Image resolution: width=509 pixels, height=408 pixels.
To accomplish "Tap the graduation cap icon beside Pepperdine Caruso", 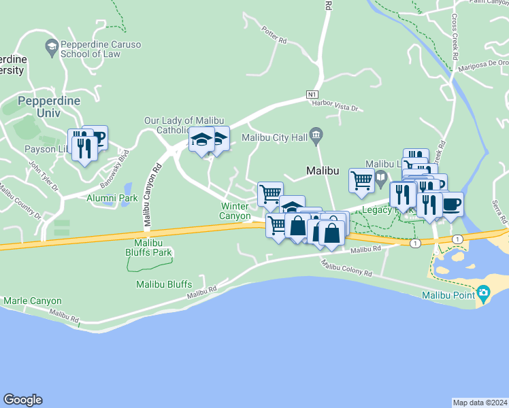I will tap(51, 46).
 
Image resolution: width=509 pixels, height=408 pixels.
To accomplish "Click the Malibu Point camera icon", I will tap(483, 294).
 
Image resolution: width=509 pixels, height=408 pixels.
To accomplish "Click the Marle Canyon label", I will tap(33, 301).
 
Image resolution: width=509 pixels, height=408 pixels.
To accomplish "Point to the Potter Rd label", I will tap(274, 35).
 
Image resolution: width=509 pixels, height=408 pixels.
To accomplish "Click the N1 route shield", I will tap(312, 94).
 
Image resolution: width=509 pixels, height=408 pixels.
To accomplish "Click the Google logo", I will tap(22, 400).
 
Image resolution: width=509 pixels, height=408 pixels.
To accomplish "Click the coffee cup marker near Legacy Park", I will tap(451, 203).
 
